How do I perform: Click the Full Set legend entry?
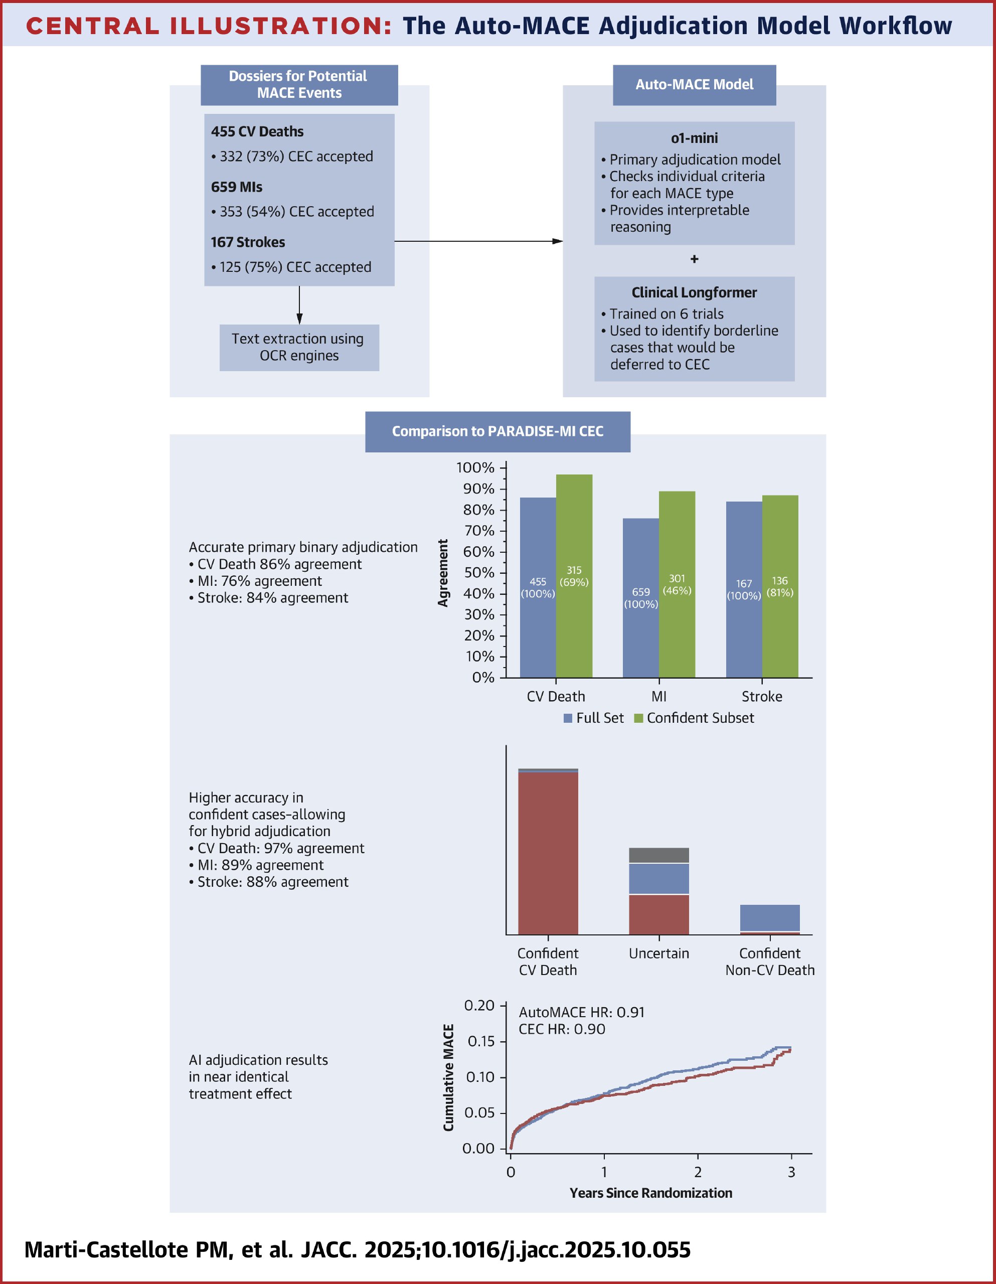[x=593, y=718]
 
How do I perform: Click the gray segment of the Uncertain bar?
[x=658, y=855]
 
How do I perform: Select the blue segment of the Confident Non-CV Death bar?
[x=770, y=918]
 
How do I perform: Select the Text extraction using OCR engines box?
[x=299, y=348]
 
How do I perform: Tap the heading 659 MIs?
[x=236, y=187]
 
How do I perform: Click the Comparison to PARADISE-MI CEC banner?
[x=497, y=431]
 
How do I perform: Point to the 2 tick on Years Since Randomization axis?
[x=698, y=1172]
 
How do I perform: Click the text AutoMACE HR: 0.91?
[x=581, y=1012]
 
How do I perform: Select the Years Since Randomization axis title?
[x=650, y=1193]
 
